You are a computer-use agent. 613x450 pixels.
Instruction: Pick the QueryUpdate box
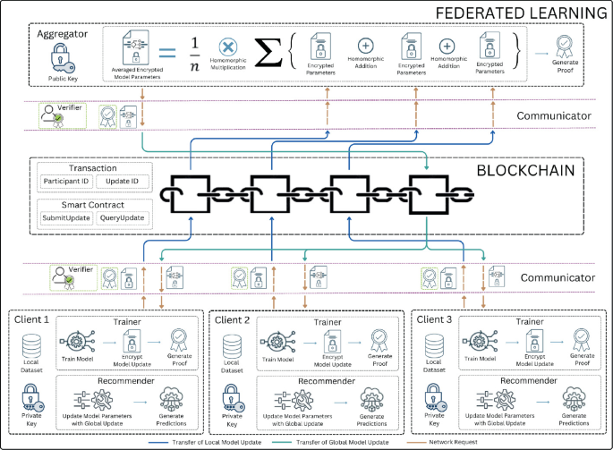tap(122, 217)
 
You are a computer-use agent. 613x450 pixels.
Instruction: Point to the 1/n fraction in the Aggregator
tap(194, 52)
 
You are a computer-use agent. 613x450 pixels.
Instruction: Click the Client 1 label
tap(33, 318)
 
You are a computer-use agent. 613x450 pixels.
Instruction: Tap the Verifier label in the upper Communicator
tap(72, 107)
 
